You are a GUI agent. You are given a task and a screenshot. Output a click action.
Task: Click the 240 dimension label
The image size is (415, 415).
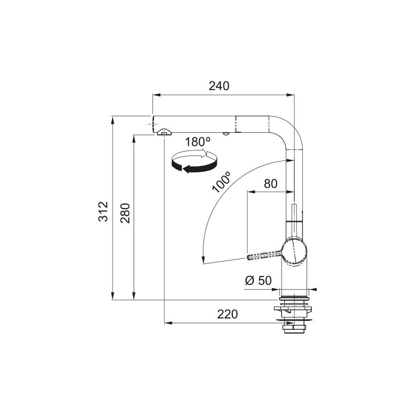click(219, 86)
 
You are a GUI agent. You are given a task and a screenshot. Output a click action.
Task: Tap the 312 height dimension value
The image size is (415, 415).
click(103, 212)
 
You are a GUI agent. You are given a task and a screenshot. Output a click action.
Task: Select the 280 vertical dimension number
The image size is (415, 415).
click(125, 213)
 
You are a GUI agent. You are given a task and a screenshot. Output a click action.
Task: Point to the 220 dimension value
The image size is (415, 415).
click(227, 314)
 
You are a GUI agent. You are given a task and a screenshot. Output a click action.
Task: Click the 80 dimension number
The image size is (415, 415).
click(270, 184)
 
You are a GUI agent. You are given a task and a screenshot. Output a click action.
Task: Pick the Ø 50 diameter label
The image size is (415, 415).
click(258, 281)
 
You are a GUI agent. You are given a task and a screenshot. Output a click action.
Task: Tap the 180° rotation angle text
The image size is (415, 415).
click(198, 142)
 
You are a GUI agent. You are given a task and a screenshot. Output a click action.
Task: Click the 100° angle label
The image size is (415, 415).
click(222, 182)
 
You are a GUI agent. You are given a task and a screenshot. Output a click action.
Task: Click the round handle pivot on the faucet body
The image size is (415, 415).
click(295, 252)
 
